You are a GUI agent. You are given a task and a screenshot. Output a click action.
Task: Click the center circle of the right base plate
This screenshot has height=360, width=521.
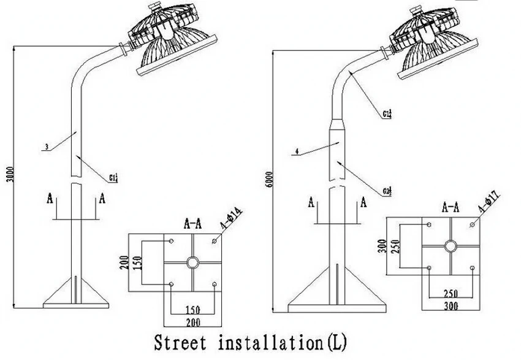point(451,247)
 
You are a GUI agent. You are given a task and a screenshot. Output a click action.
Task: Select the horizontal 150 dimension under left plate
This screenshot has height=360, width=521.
point(192,308)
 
